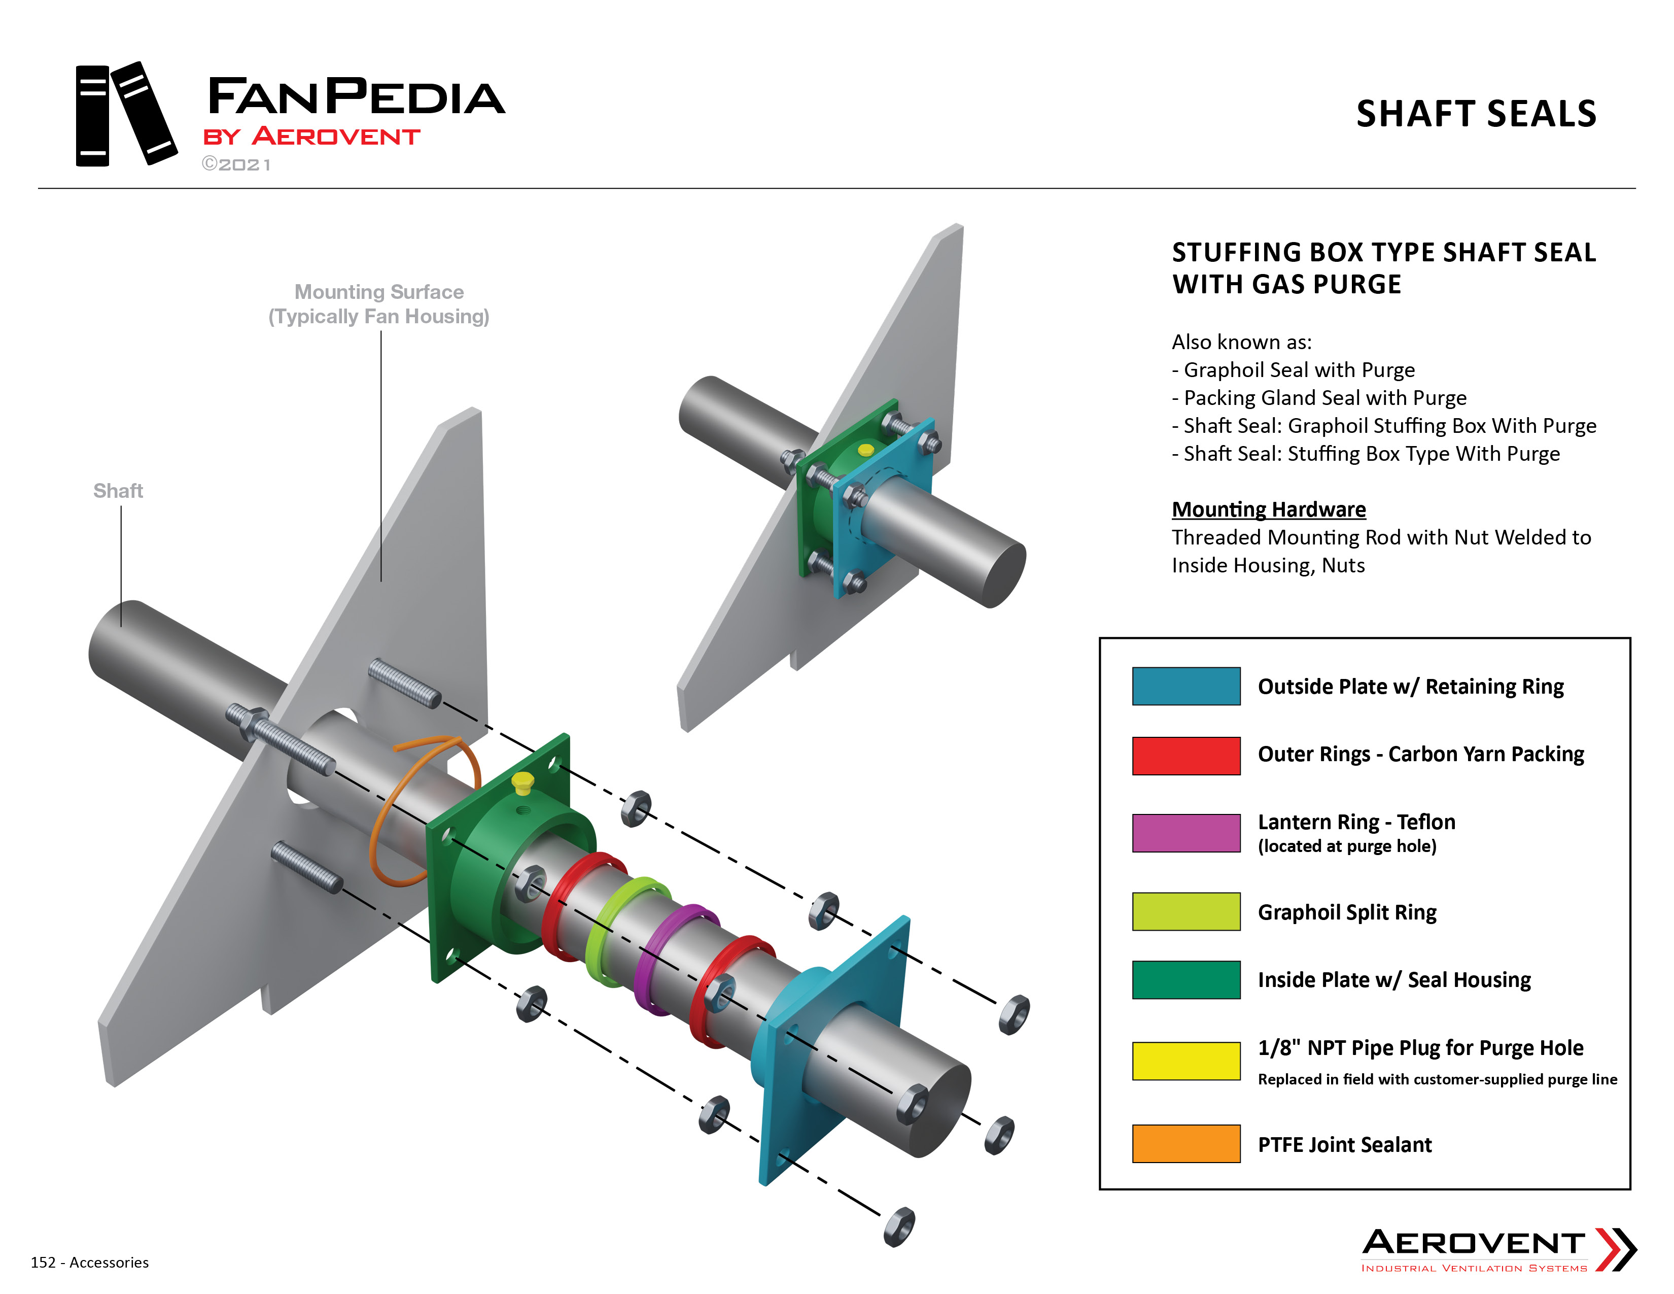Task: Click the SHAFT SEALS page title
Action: click(1476, 114)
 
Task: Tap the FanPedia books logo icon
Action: click(126, 114)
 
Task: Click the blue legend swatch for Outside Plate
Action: click(1186, 686)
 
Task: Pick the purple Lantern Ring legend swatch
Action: click(1186, 833)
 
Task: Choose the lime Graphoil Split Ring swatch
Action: click(1186, 911)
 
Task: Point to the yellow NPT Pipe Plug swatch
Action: click(1186, 1061)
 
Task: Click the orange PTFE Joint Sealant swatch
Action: click(1186, 1144)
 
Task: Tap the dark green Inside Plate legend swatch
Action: click(1186, 980)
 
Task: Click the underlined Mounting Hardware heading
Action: click(1269, 509)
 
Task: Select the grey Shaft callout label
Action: click(118, 491)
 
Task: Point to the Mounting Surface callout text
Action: click(378, 304)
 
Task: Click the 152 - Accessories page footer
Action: click(90, 1263)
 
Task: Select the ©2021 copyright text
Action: click(236, 164)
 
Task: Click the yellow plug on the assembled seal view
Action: click(865, 450)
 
